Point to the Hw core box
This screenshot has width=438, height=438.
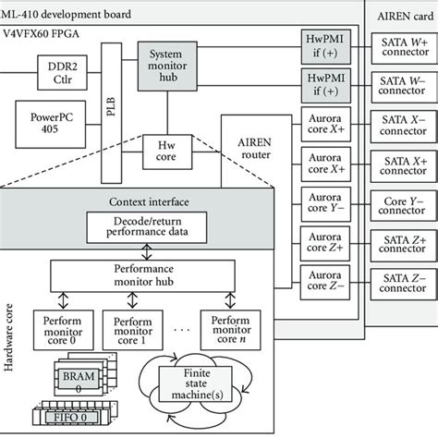166,152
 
